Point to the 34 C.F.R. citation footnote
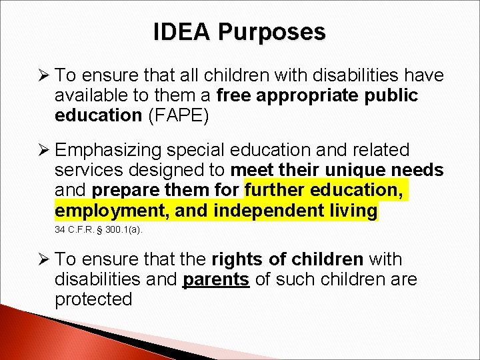point(98,230)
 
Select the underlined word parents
point(216,279)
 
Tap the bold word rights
point(235,259)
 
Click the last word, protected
point(93,299)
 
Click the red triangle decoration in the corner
point(27,340)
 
